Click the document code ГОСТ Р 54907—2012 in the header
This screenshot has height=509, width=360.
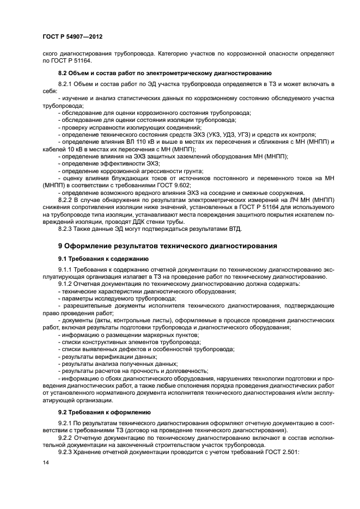(x=72, y=37)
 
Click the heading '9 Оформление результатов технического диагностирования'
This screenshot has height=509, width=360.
(x=168, y=246)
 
